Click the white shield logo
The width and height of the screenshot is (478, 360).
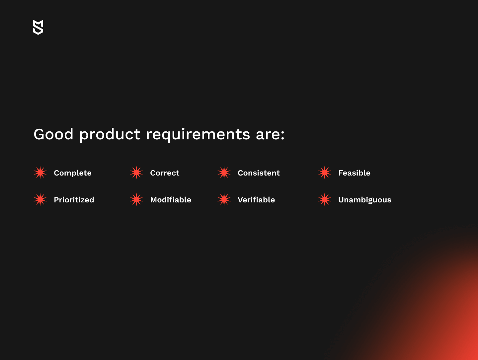click(38, 27)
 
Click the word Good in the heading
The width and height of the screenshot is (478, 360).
click(53, 134)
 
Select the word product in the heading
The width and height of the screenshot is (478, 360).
click(110, 135)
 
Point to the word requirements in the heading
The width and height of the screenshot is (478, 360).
click(198, 135)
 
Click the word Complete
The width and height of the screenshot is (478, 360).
click(73, 173)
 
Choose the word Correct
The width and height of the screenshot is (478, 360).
click(165, 173)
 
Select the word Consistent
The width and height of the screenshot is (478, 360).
click(259, 173)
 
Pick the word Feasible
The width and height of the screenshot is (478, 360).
click(354, 173)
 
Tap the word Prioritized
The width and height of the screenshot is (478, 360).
click(74, 200)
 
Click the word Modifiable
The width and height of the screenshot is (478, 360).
click(171, 200)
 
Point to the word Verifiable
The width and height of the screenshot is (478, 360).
click(256, 200)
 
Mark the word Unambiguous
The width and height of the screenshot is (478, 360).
click(365, 200)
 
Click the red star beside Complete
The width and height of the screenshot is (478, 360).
click(40, 173)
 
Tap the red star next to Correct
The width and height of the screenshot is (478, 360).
click(136, 173)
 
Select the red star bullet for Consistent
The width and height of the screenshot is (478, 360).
click(224, 173)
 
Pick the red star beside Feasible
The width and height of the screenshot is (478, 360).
click(325, 173)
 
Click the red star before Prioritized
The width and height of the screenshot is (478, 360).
click(40, 200)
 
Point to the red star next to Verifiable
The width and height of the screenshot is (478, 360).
click(224, 200)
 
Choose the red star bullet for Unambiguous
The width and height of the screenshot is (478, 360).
click(325, 200)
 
